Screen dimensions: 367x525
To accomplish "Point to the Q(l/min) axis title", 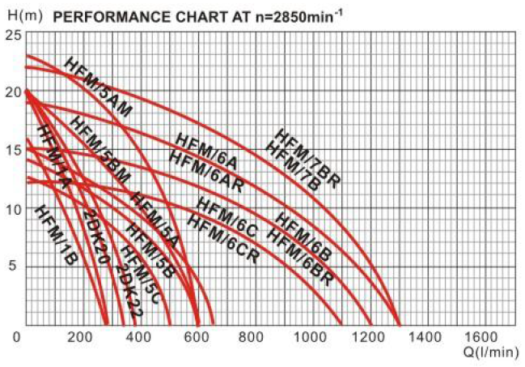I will [x=491, y=353].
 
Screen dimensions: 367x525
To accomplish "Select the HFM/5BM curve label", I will [x=100, y=145].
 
